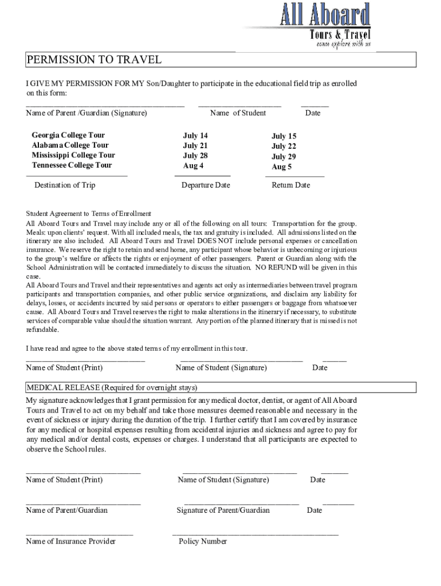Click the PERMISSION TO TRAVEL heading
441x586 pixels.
(94, 60)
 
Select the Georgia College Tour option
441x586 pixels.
(68, 135)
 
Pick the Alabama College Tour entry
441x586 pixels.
(70, 145)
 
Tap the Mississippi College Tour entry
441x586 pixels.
(73, 155)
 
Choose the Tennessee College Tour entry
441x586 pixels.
(72, 165)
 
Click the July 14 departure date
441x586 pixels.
(195, 136)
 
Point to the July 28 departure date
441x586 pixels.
(195, 156)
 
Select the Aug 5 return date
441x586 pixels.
(282, 167)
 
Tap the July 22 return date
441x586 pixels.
(283, 146)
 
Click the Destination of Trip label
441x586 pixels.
(65, 185)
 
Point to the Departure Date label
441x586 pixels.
(206, 185)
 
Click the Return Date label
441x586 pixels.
(290, 185)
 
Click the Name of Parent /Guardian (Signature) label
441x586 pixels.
(86, 113)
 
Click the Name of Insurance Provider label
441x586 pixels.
(70, 541)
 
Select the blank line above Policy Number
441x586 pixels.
(255, 534)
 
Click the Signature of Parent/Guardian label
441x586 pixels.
(223, 510)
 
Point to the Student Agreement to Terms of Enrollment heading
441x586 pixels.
(89, 213)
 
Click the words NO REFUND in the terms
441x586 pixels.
(277, 267)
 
